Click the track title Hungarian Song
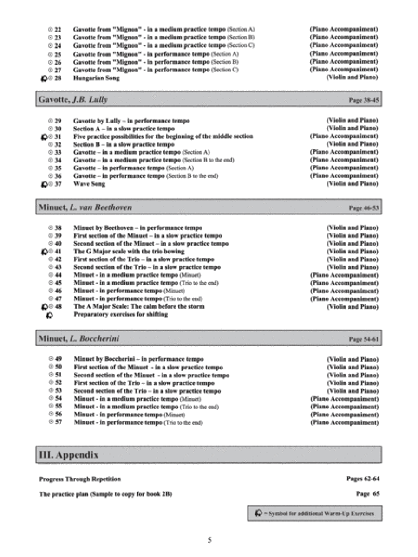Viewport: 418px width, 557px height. (x=96, y=78)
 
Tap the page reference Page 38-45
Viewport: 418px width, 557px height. (x=364, y=100)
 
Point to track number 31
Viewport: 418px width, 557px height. (x=58, y=136)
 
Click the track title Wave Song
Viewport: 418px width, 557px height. (x=89, y=184)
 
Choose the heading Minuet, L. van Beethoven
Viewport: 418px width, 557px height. (x=85, y=207)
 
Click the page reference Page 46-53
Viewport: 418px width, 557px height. (x=364, y=208)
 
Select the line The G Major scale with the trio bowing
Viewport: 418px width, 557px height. (x=129, y=252)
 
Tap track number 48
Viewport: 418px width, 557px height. (x=58, y=307)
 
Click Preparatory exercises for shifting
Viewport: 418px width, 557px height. (x=121, y=315)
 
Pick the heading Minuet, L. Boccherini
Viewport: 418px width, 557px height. (x=78, y=339)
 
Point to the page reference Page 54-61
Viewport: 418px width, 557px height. (x=364, y=339)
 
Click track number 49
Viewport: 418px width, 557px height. (x=59, y=359)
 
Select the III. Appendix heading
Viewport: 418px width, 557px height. (x=68, y=455)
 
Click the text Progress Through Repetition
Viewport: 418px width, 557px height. (x=80, y=479)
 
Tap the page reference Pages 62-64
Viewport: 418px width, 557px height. (x=363, y=479)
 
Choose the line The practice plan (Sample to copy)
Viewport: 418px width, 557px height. (x=105, y=494)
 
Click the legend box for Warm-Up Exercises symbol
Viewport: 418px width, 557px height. (x=314, y=513)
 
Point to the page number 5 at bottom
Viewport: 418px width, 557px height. (x=209, y=540)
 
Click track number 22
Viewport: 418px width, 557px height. (x=58, y=29)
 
